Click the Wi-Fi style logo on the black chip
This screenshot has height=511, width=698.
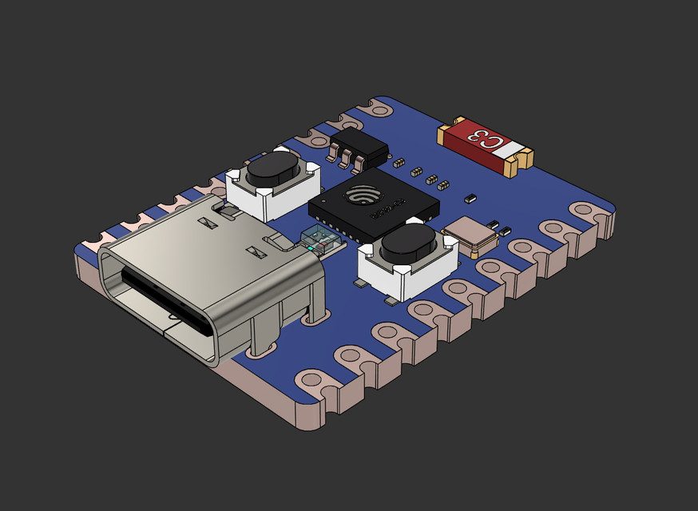(x=365, y=194)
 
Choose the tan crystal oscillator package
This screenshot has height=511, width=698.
(x=471, y=234)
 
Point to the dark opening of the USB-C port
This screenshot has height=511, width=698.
(x=164, y=300)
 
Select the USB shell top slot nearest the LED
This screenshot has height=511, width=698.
(x=257, y=252)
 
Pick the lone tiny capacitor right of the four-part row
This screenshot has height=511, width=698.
(x=470, y=196)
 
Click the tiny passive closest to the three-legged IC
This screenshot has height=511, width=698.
(x=397, y=163)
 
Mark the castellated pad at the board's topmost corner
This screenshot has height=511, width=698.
(x=382, y=105)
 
